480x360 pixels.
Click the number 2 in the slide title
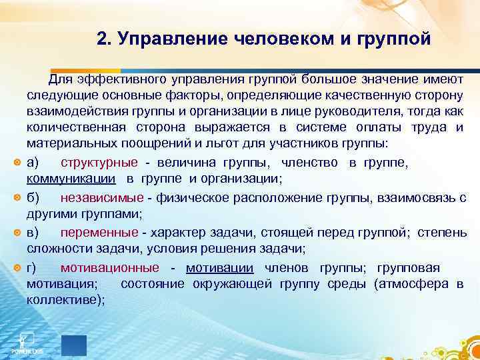[101, 39]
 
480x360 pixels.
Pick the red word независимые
[102, 197]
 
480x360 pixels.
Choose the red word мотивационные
[110, 268]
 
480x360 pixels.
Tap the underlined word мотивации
[220, 268]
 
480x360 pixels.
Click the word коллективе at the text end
[63, 301]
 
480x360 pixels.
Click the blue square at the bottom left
[74, 345]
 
